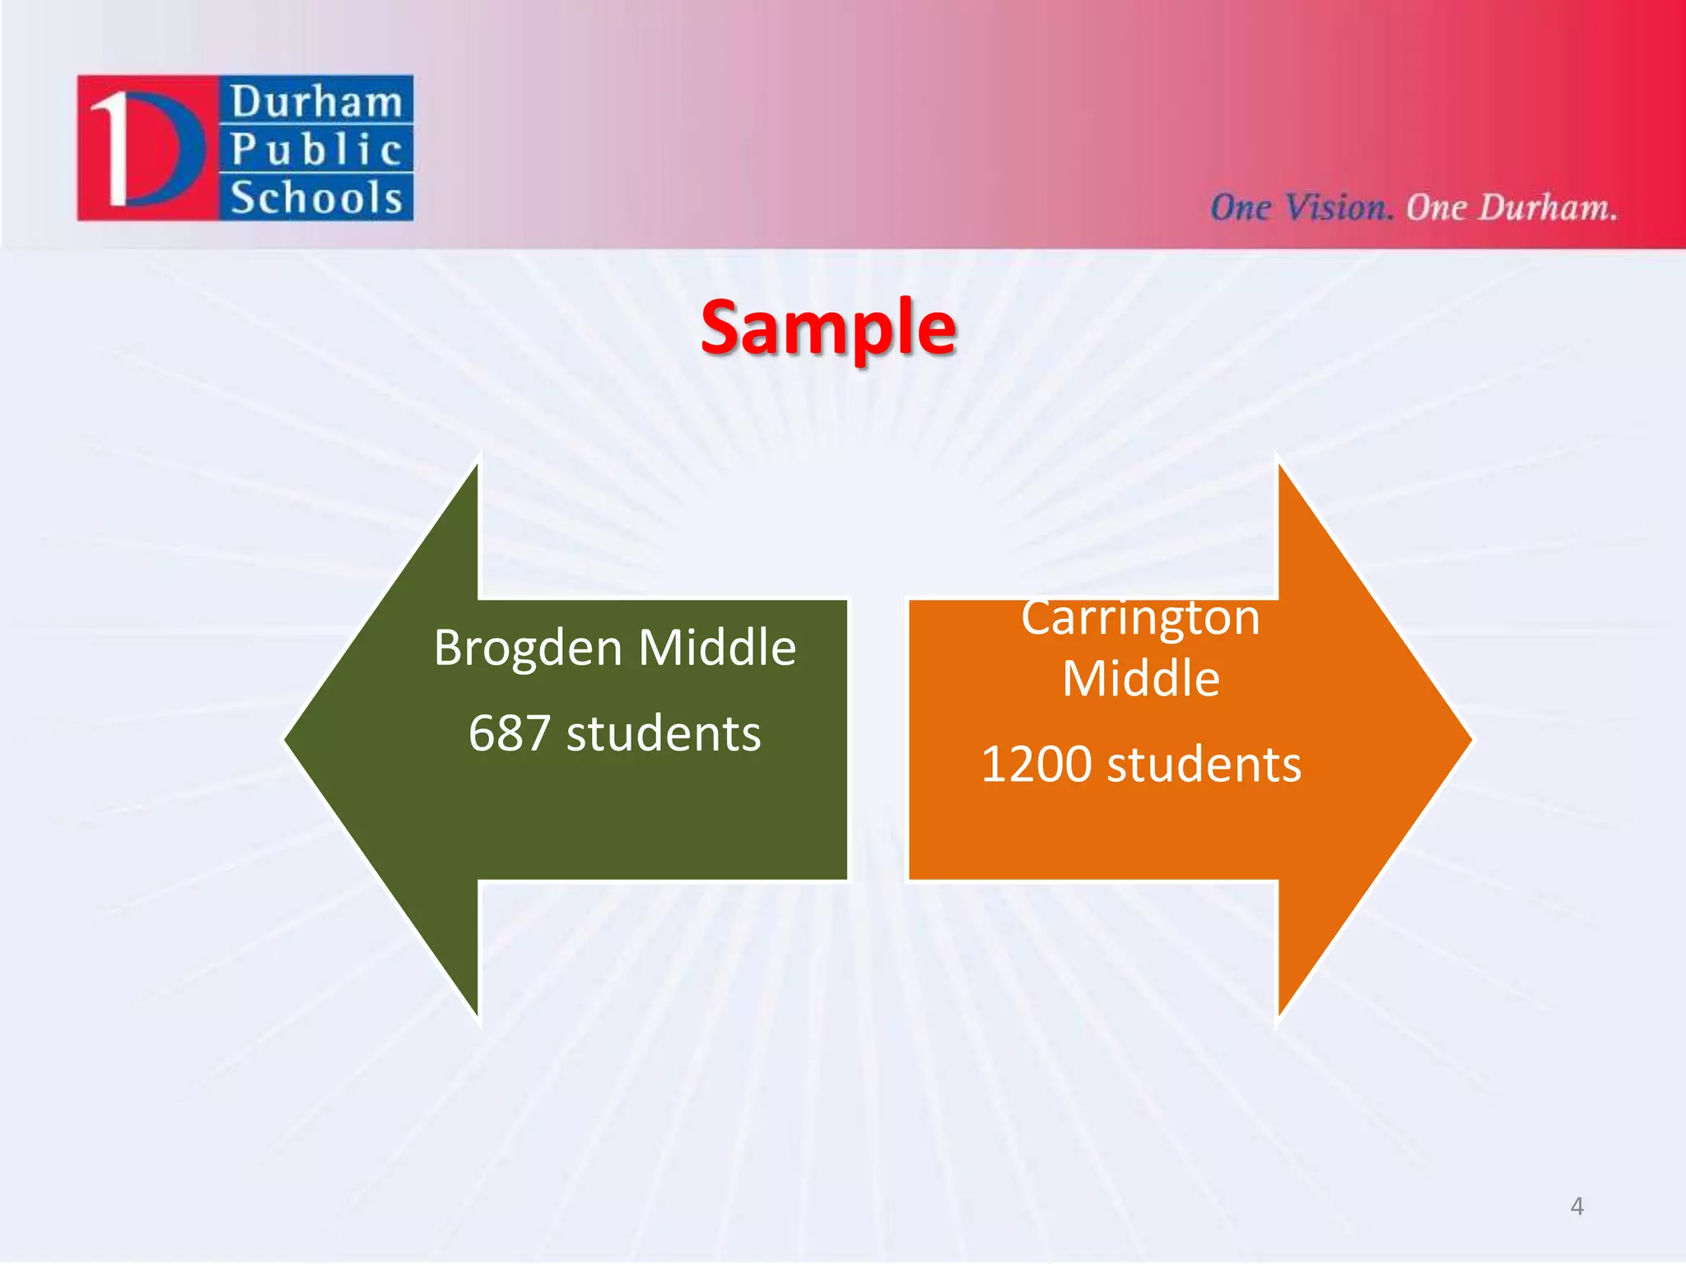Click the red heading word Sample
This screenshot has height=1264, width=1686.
click(827, 328)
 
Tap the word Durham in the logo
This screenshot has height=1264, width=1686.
click(316, 102)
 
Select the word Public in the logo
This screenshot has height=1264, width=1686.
click(316, 150)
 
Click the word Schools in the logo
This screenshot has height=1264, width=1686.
click(316, 198)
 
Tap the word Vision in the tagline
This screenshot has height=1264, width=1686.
click(1339, 207)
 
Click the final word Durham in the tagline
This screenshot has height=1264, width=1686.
click(1546, 207)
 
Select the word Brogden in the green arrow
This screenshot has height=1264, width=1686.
click(528, 648)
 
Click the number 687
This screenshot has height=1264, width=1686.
click(509, 733)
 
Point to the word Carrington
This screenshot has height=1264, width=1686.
click(1140, 619)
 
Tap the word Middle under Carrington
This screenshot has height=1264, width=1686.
click(1140, 679)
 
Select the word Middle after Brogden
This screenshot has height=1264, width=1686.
click(717, 647)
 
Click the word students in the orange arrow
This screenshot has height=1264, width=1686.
click(1204, 764)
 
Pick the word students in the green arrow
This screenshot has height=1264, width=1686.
click(664, 733)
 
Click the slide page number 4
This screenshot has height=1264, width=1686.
click(1577, 1206)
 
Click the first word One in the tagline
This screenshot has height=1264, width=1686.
click(1240, 207)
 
